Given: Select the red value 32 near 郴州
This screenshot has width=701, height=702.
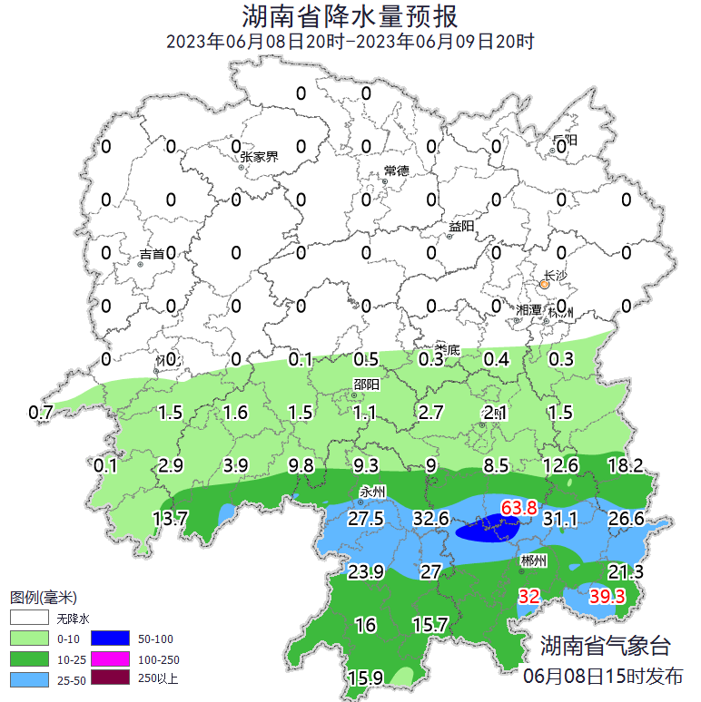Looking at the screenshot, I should pyautogui.click(x=528, y=596).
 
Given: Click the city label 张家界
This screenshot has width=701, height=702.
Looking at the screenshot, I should pyautogui.click(x=259, y=156).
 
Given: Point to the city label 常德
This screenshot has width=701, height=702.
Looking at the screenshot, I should pyautogui.click(x=397, y=171).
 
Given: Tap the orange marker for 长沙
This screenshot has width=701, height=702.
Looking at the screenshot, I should pyautogui.click(x=544, y=285).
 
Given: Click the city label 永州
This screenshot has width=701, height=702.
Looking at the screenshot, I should pyautogui.click(x=373, y=492).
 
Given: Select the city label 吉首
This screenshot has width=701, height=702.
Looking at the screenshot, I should pyautogui.click(x=153, y=255).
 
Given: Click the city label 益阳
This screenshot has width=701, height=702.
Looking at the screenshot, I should pyautogui.click(x=461, y=227).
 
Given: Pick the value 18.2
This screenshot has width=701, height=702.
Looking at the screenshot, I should pyautogui.click(x=625, y=466).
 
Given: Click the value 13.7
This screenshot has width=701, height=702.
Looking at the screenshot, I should pyautogui.click(x=170, y=519).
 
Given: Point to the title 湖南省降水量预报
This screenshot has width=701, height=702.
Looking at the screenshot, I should pyautogui.click(x=350, y=16).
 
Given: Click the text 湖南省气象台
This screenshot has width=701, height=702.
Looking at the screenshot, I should pyautogui.click(x=605, y=646).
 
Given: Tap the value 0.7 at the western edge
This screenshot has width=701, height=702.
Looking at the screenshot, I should pyautogui.click(x=42, y=413).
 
